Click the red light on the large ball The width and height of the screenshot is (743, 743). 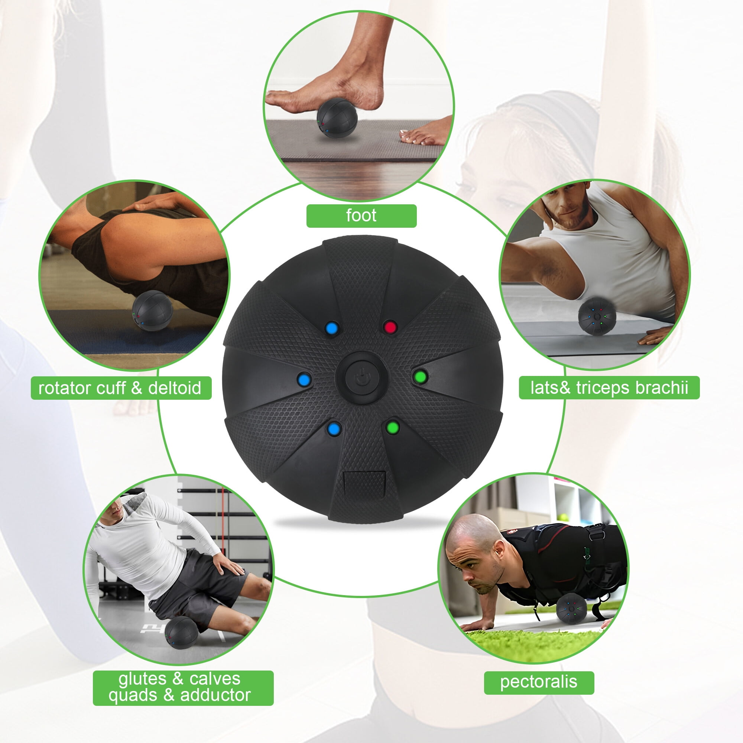tap(390, 327)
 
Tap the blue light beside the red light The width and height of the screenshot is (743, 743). tap(331, 328)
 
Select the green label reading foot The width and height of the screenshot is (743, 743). tap(361, 216)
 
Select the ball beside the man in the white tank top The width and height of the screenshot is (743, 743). tap(597, 315)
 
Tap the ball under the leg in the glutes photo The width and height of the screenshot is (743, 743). tap(181, 633)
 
